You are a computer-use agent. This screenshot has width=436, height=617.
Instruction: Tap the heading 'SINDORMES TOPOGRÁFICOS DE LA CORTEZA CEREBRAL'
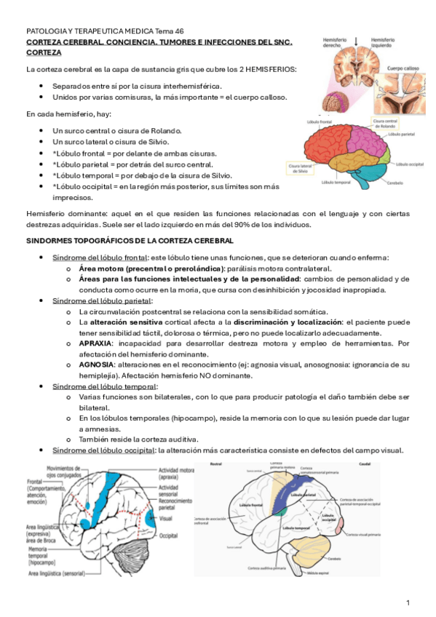click(130, 239)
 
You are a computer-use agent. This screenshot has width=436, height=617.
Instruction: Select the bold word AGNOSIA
click(96, 364)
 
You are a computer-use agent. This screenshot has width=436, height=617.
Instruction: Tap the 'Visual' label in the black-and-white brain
click(165, 519)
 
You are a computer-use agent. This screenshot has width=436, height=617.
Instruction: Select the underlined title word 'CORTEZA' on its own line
click(44, 53)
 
